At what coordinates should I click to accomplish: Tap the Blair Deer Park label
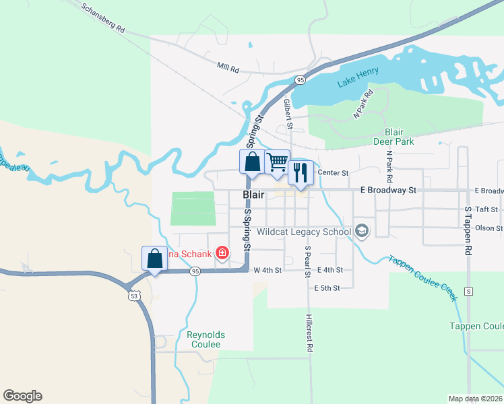[393, 137]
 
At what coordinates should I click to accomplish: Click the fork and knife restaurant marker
[299, 172]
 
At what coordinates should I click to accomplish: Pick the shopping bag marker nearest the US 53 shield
[154, 259]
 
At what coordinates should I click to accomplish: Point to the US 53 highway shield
[131, 295]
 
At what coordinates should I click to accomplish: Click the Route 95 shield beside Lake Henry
[300, 80]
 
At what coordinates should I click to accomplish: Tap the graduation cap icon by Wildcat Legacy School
[362, 232]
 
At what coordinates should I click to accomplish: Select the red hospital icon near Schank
[221, 253]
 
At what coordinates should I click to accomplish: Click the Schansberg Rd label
[103, 19]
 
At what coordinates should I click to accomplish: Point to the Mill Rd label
[228, 69]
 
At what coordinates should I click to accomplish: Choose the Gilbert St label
[288, 114]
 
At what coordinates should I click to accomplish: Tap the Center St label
[333, 173]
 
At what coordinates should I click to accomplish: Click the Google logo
[23, 396]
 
